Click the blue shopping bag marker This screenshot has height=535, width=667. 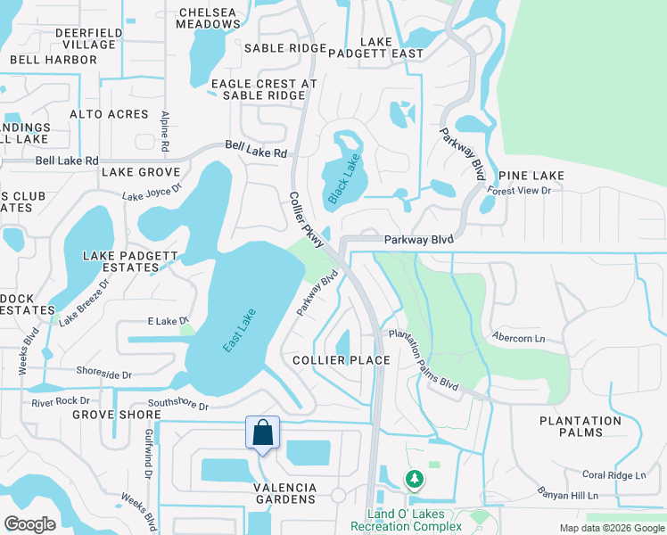tap(263, 434)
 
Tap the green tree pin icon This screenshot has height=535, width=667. tap(414, 480)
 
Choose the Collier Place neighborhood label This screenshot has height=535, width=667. tap(342, 360)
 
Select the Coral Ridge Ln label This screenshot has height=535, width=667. tap(613, 475)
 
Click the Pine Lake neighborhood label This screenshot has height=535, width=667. tap(531, 176)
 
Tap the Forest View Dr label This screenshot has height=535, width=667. tap(519, 189)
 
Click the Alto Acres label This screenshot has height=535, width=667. tap(110, 114)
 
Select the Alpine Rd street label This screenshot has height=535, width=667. tap(165, 130)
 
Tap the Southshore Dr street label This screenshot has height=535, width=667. tap(177, 406)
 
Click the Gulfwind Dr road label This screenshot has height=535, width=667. tap(146, 451)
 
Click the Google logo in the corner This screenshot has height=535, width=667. tap(30, 524)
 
